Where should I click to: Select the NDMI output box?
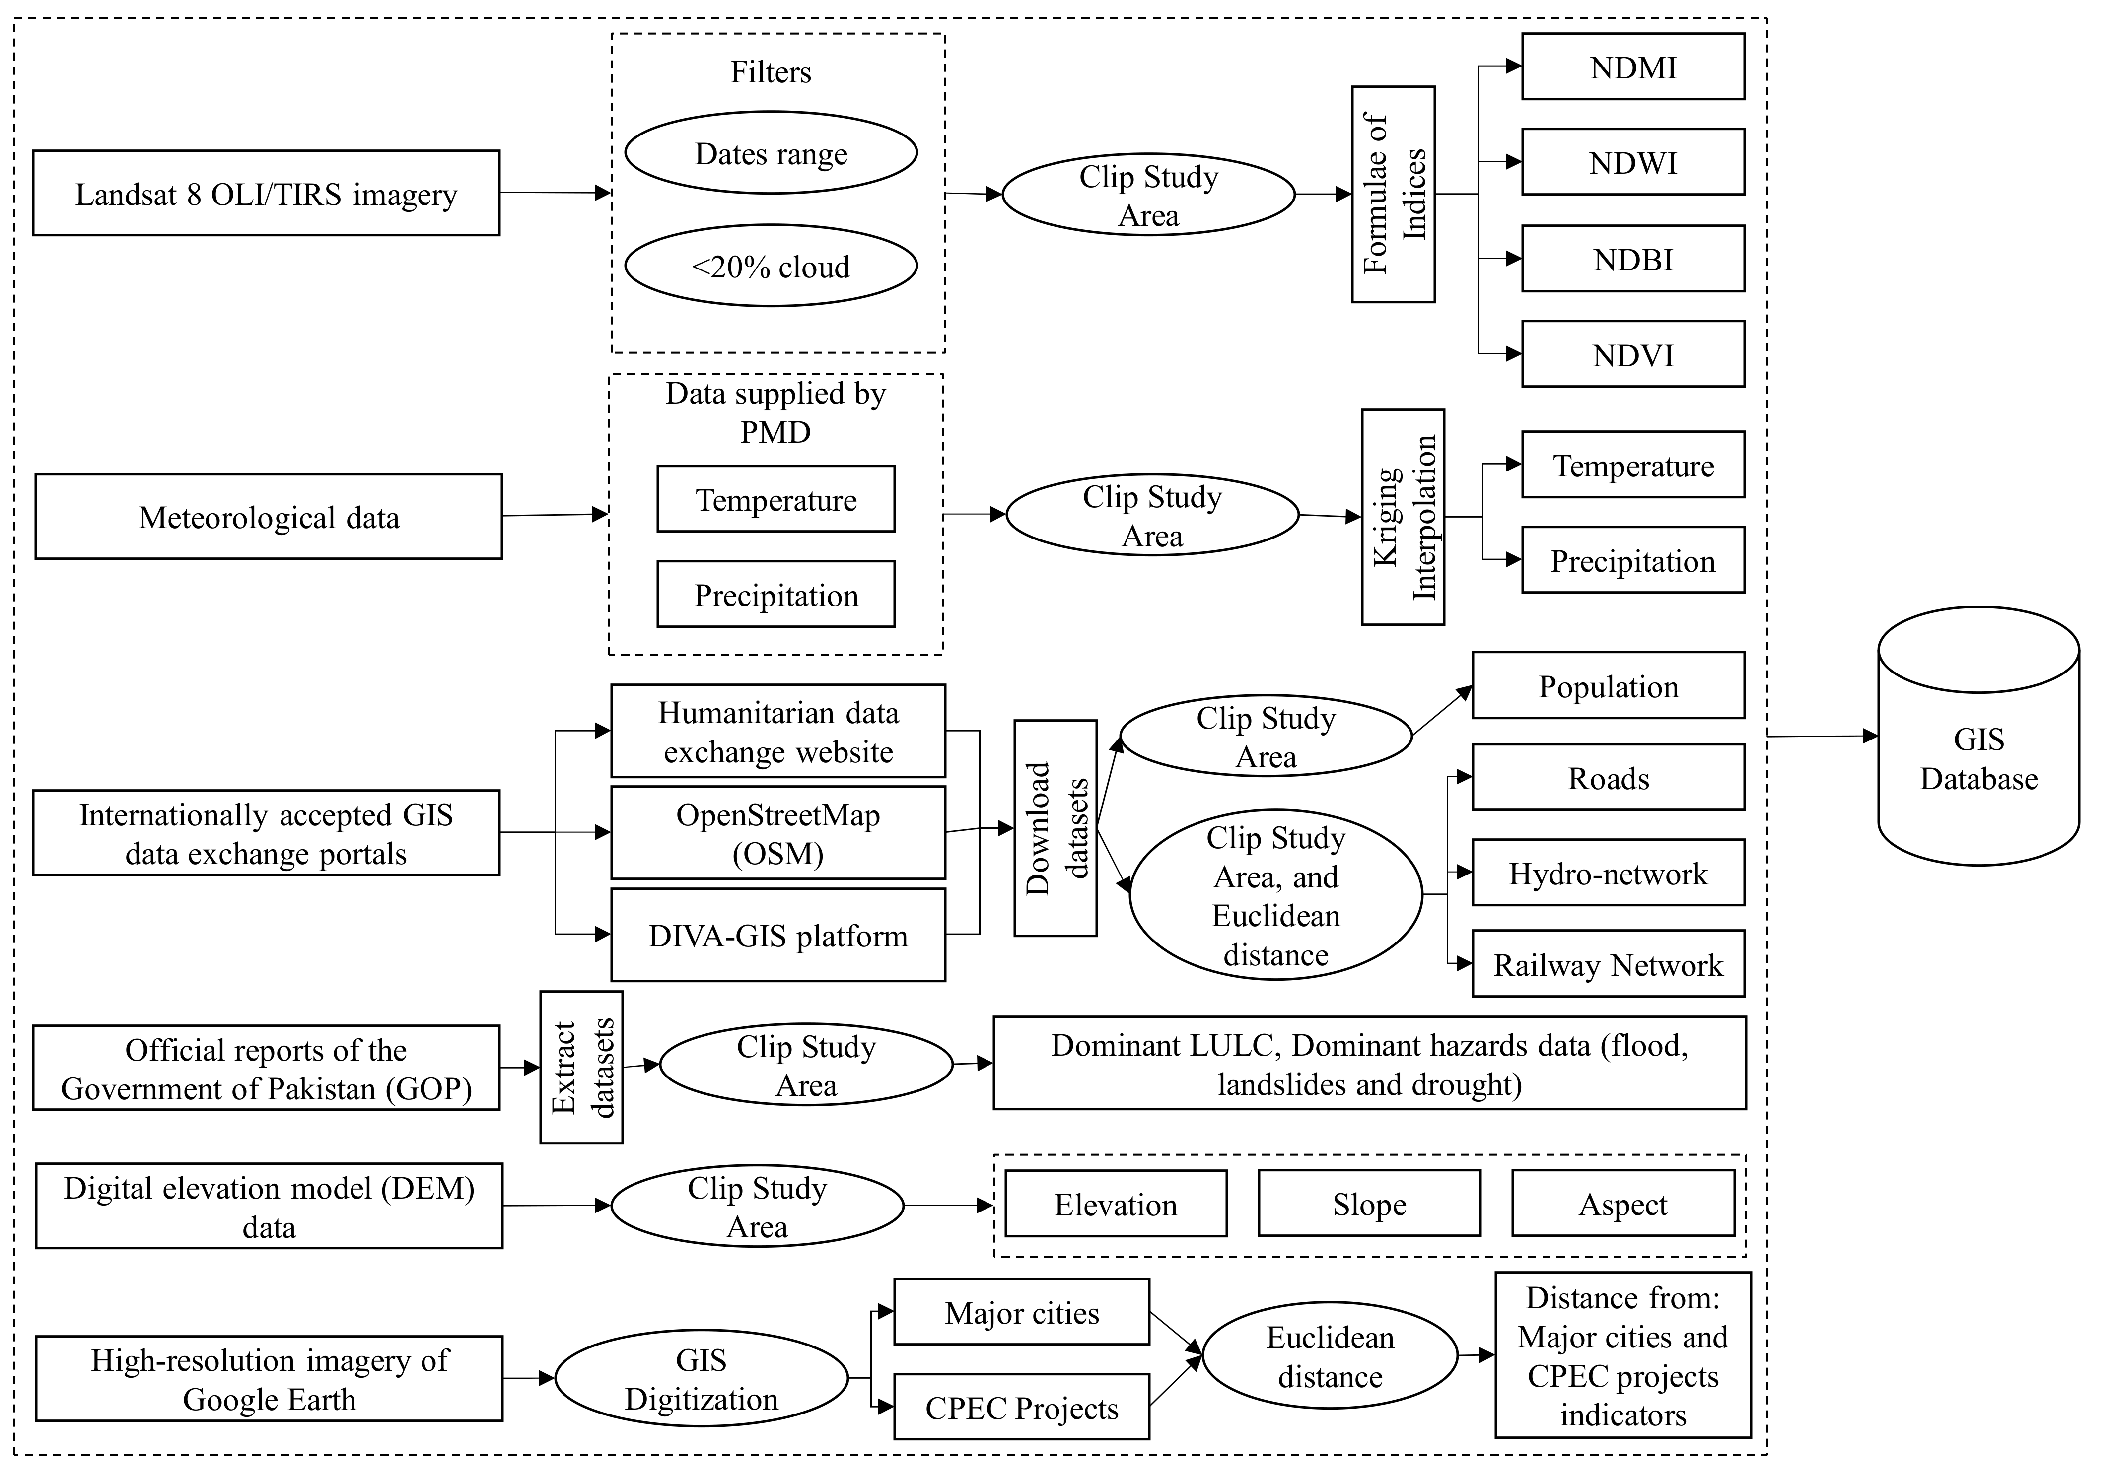pyautogui.click(x=1632, y=67)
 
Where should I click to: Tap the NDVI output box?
pyautogui.click(x=1632, y=354)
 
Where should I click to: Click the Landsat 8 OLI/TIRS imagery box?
pyautogui.click(x=266, y=193)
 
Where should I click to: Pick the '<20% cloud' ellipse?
pyautogui.click(x=771, y=266)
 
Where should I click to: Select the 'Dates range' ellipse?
pyautogui.click(x=771, y=153)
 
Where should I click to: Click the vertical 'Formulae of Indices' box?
pyautogui.click(x=1393, y=194)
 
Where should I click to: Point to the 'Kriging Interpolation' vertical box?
pyautogui.click(x=1403, y=517)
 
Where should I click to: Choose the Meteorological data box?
pyautogui.click(x=269, y=517)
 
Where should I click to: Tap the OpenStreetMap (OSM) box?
pyautogui.click(x=777, y=832)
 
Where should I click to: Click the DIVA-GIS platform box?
pyautogui.click(x=777, y=935)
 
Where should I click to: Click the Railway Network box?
pyautogui.click(x=1608, y=964)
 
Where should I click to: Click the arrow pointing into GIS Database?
pyautogui.click(x=1868, y=736)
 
